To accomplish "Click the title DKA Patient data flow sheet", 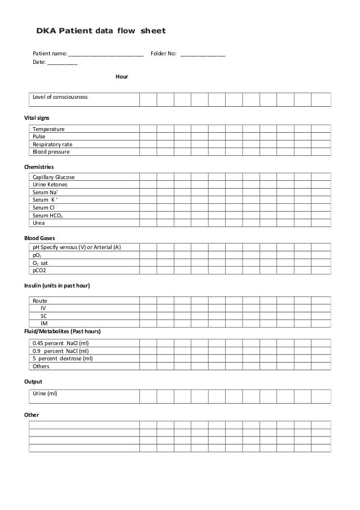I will pos(101,29).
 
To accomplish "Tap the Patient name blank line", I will pos(106,55).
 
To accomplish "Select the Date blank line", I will pos(63,63).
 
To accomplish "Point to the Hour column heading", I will pos(121,76).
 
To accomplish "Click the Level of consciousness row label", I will pos(60,97).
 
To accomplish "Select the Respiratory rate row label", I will pos(52,144).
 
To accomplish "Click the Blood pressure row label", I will pos(51,152).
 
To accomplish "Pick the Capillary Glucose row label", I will pos(54,177).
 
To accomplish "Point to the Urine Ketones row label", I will pos(50,185).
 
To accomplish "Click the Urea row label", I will pos(39,223).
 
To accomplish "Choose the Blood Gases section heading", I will pos(39,238).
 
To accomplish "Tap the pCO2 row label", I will pos(39,271).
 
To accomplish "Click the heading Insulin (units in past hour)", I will pos(56,285).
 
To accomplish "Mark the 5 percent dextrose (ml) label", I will pos(63,359).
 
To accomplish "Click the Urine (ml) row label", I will pos(45,393).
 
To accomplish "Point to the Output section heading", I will pos(33,381).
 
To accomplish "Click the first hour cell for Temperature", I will pos(148,129).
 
